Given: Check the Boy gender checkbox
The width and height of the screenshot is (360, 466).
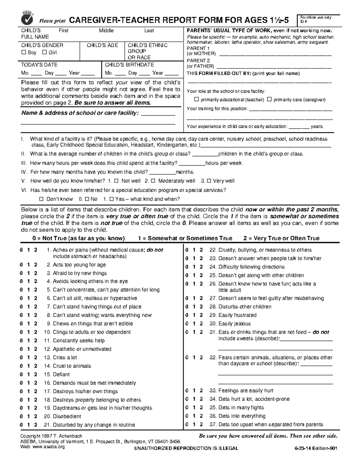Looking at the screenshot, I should coord(24,53).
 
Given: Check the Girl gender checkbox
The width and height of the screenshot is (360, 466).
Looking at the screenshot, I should coord(45,53).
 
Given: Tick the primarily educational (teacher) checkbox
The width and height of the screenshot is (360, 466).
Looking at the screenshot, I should coord(196,99).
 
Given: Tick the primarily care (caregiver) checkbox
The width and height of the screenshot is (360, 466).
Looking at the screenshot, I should coord(269,99).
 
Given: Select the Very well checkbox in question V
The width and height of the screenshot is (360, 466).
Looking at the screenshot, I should coord(209,181).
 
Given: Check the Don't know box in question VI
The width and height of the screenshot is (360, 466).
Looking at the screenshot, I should coord(41,199).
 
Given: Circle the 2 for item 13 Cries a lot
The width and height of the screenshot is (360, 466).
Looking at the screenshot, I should coord(35,357).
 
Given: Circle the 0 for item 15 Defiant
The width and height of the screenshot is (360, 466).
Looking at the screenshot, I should coord(21,374).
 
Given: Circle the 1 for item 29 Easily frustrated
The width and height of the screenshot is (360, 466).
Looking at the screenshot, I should coord(194,315).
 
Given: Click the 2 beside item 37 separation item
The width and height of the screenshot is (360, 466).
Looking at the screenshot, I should coord(201,425).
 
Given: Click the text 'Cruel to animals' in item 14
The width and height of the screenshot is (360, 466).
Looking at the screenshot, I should coord(72,366).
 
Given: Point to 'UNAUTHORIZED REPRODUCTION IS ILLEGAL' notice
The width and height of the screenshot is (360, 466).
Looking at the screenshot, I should coord(186,448).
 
